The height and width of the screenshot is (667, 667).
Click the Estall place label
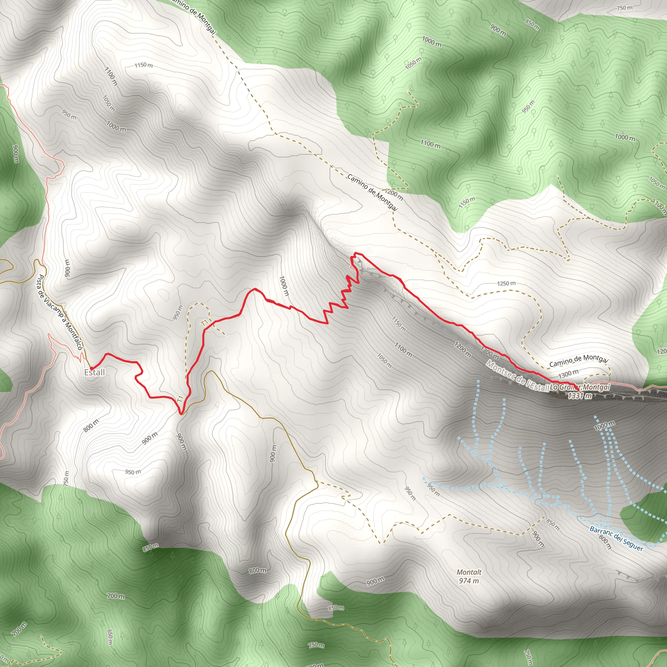tap(94, 372)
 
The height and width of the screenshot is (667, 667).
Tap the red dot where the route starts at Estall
tap(91, 368)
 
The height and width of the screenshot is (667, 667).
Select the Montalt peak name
tap(469, 572)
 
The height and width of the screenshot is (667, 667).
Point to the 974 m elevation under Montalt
tap(469, 581)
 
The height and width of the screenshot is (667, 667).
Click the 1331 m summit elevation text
tap(580, 396)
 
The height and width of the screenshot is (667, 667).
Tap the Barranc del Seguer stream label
tap(616, 539)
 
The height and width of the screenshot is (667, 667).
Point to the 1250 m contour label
tap(506, 283)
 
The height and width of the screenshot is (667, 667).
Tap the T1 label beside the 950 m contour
tap(205, 323)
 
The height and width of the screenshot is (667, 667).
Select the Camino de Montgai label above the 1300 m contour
tap(579, 361)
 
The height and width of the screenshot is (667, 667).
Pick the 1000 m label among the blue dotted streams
tap(604, 426)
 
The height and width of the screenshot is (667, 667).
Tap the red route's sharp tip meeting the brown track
tap(181, 413)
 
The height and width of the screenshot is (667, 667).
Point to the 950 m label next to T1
tap(177, 312)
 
